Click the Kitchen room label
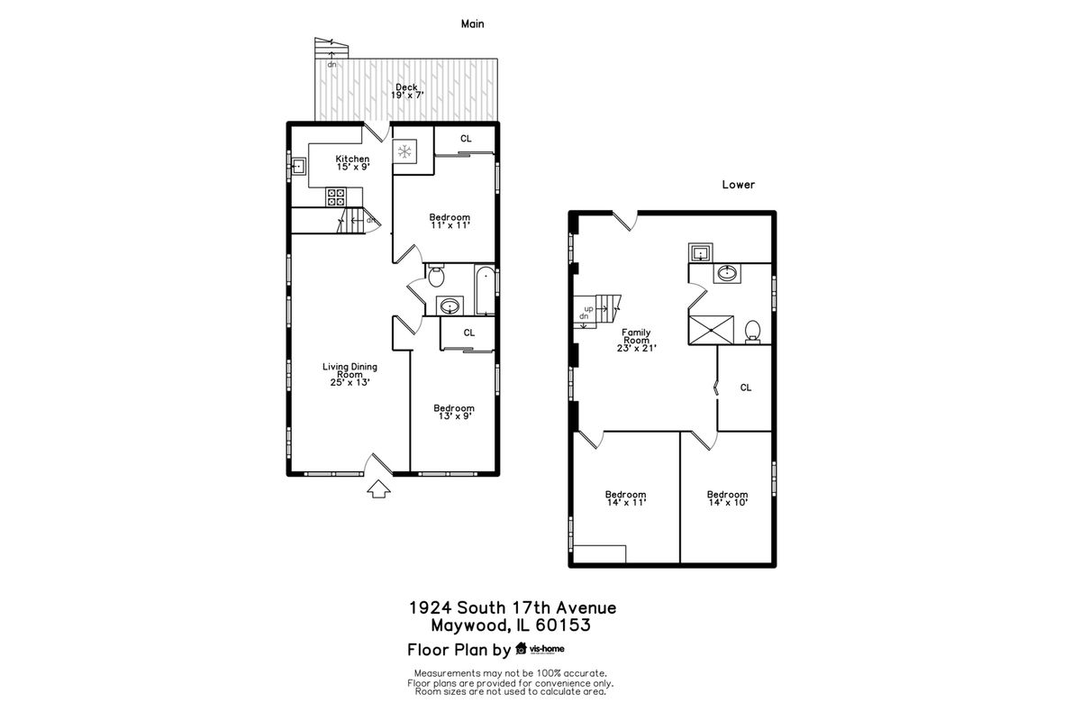[353, 163]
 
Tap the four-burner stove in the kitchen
[336, 197]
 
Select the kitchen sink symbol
[299, 167]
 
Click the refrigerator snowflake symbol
[404, 152]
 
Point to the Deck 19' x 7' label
[407, 91]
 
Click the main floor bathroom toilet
[436, 276]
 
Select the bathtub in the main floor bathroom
[485, 290]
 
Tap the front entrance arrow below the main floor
[379, 488]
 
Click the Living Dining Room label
[350, 374]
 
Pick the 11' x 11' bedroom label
[450, 221]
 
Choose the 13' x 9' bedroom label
[454, 412]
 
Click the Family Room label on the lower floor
[636, 340]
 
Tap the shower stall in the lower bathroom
[712, 330]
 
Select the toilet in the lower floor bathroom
[752, 333]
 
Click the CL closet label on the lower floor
[746, 388]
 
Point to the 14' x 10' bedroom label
[727, 498]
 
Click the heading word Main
[472, 23]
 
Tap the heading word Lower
[739, 185]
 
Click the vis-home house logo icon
[521, 648]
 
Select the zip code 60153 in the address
[563, 625]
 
